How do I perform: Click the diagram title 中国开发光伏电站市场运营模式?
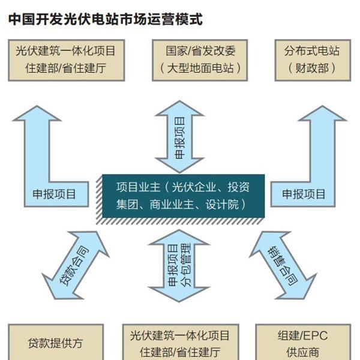coord(106,19)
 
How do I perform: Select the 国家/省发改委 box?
coord(200,60)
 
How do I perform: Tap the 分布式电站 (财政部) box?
coord(313,60)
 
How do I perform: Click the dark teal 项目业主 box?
coord(183,196)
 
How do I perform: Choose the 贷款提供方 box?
coord(56,342)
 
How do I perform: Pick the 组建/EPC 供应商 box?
coord(303,342)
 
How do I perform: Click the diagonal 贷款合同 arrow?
coord(76,265)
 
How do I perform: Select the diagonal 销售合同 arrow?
coord(283,265)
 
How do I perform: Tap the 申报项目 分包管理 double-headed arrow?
coord(179,266)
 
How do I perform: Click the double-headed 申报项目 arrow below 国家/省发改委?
coord(179,137)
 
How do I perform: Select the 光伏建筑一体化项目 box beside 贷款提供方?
coord(181,342)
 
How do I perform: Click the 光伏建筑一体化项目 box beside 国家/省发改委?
coord(67,60)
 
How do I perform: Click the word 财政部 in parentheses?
coord(312,68)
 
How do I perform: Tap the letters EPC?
coord(314,335)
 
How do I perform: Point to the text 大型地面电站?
coord(200,68)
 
